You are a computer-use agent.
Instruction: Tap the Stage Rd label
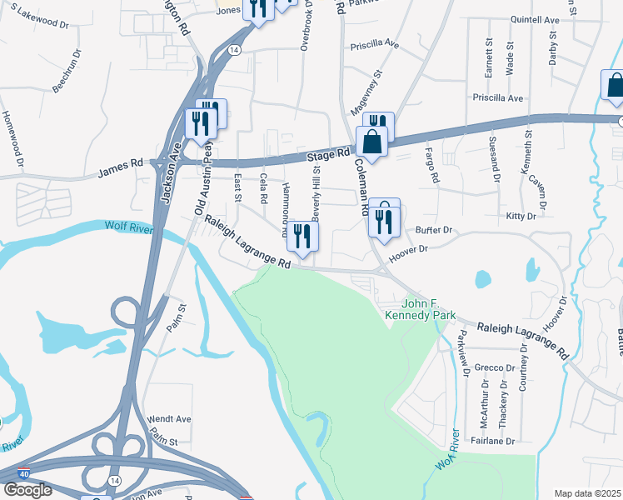pos(327,155)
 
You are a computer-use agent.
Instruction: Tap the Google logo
pos(27,490)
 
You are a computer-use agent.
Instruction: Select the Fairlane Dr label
pos(494,441)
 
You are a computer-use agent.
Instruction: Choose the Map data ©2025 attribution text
pos(588,493)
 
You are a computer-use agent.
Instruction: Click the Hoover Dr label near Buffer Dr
pos(408,248)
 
